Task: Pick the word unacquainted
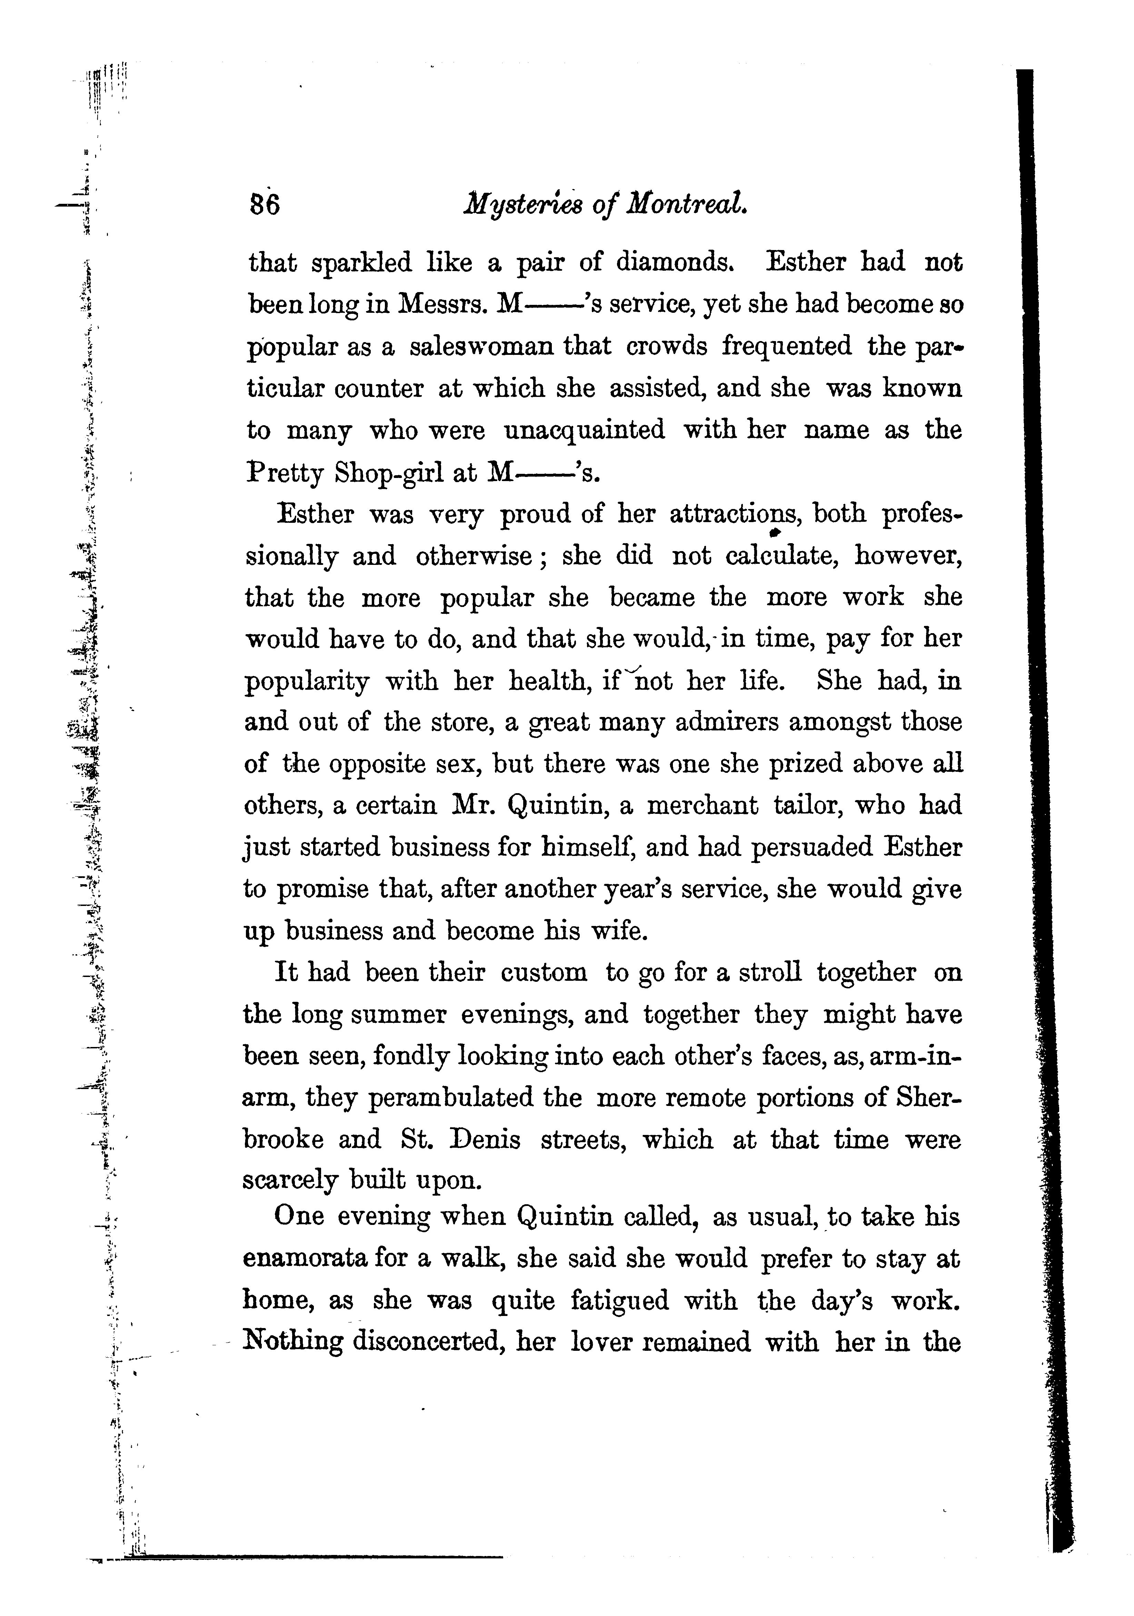[x=585, y=429]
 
